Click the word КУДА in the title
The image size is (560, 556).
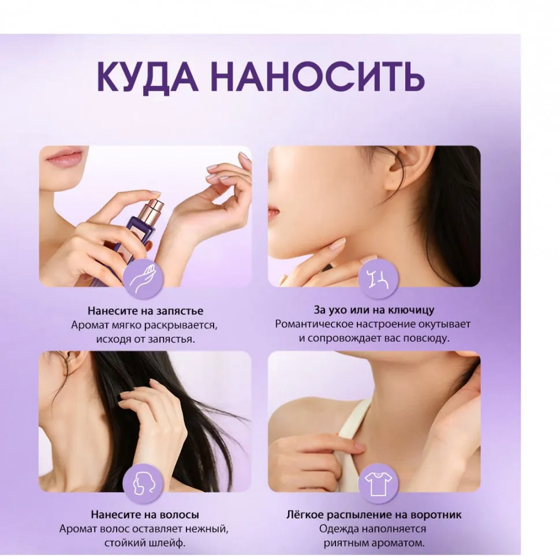pyautogui.click(x=147, y=76)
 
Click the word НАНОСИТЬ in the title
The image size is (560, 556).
pyautogui.click(x=318, y=77)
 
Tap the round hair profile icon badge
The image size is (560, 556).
pyautogui.click(x=143, y=483)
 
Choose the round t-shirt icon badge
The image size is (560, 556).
pyautogui.click(x=378, y=483)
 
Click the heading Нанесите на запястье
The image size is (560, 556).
pyautogui.click(x=145, y=311)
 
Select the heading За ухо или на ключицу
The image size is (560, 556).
pyautogui.click(x=374, y=310)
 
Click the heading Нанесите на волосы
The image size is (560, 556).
pyautogui.click(x=145, y=514)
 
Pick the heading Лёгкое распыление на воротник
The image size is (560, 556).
pyautogui.click(x=374, y=514)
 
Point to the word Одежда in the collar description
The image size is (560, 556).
pyautogui.click(x=338, y=529)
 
